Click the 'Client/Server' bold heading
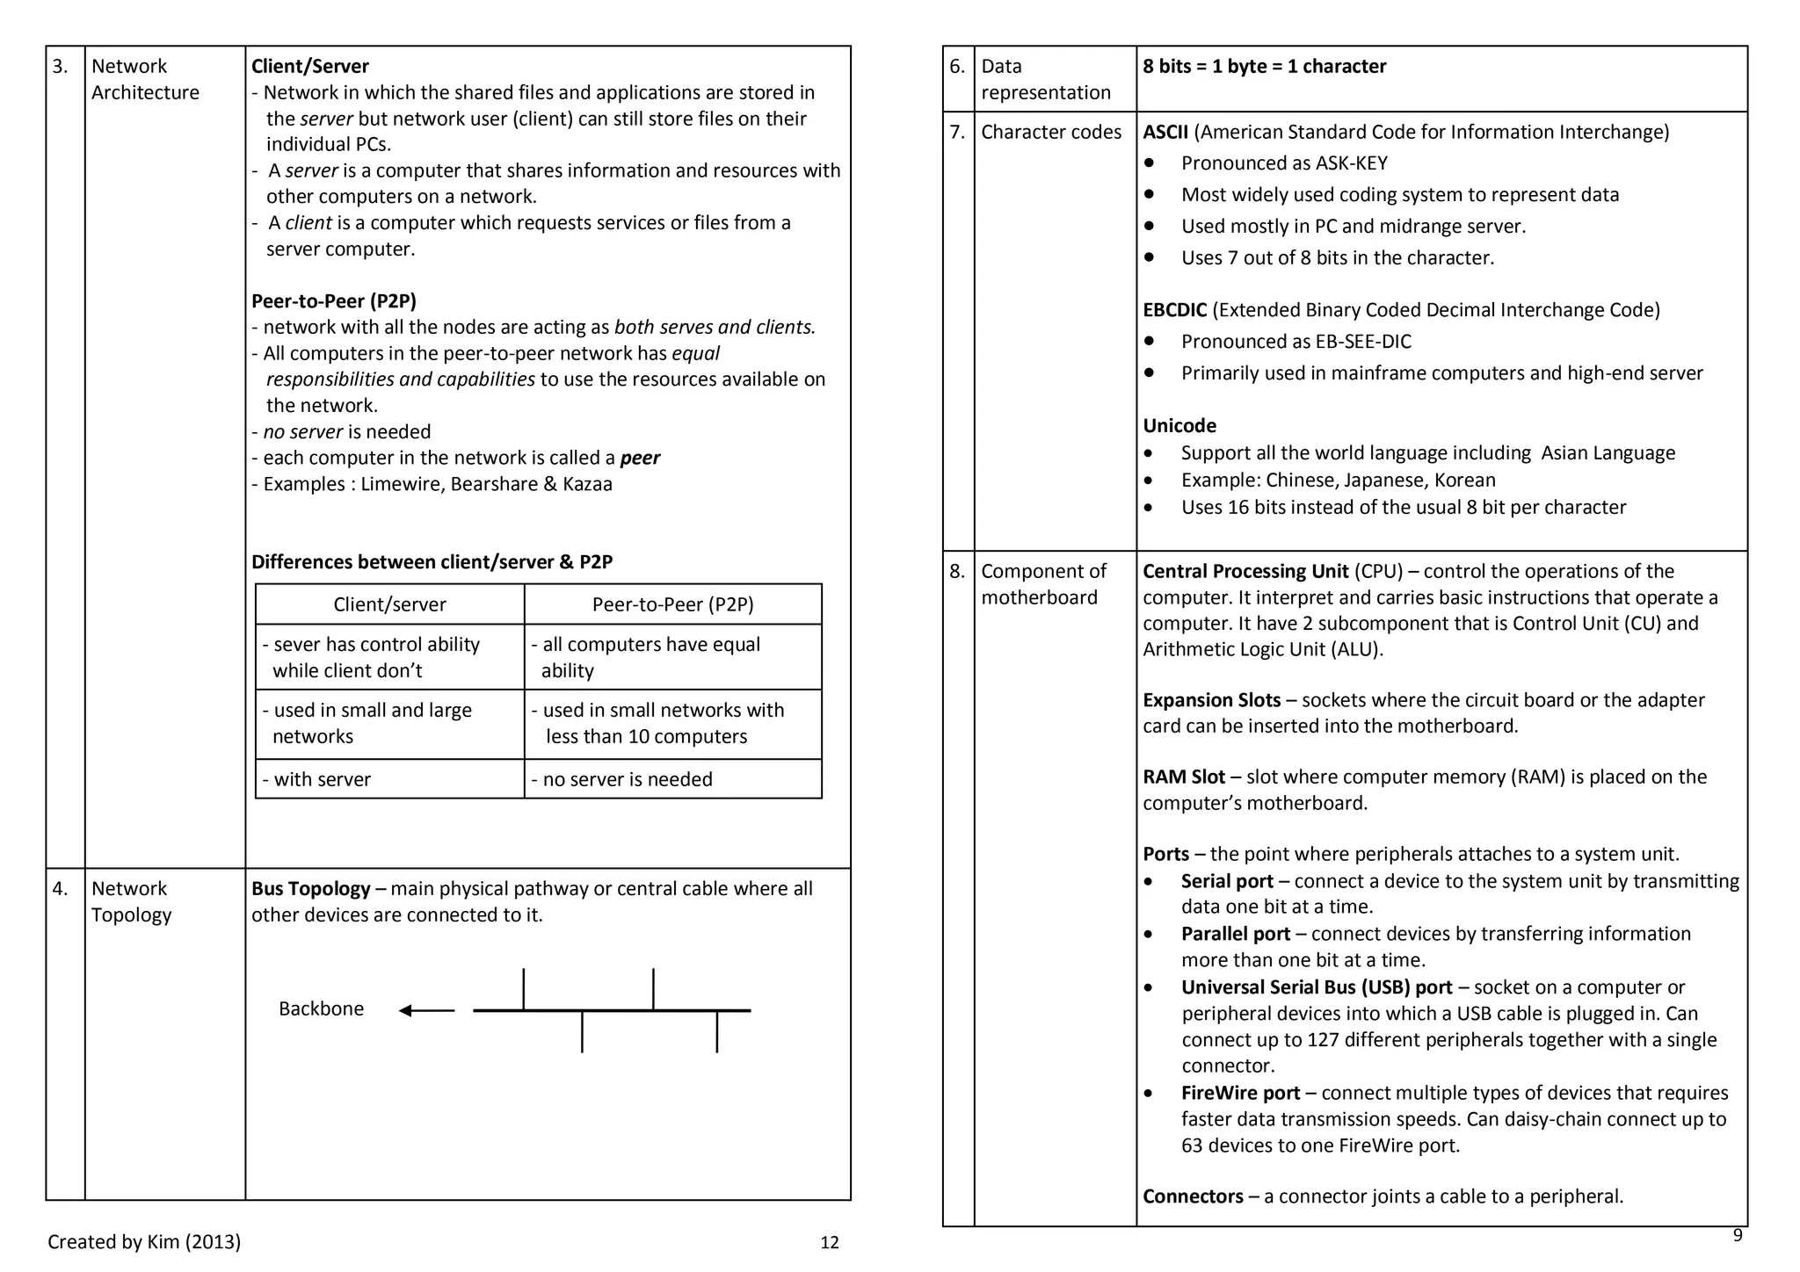pos(309,67)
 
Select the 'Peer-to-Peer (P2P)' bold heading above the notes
pos(333,301)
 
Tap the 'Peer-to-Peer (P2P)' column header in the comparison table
pos(672,604)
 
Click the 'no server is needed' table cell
pos(627,779)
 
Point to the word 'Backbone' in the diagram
pos(321,1008)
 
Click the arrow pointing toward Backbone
pos(426,1011)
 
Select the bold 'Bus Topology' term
pos(310,889)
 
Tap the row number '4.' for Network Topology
pos(60,889)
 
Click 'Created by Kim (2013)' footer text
pos(144,1242)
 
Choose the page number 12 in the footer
pos(829,1243)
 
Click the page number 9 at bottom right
pos(1737,1236)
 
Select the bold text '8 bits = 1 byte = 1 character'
pos(1264,67)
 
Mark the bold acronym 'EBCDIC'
pos(1174,310)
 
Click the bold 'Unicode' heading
pos(1179,426)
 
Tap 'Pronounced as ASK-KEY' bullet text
pos(1284,163)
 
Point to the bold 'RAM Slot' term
pos(1183,777)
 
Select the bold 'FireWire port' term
pos(1240,1094)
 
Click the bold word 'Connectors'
pos(1193,1196)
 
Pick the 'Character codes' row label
pos(1051,133)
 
